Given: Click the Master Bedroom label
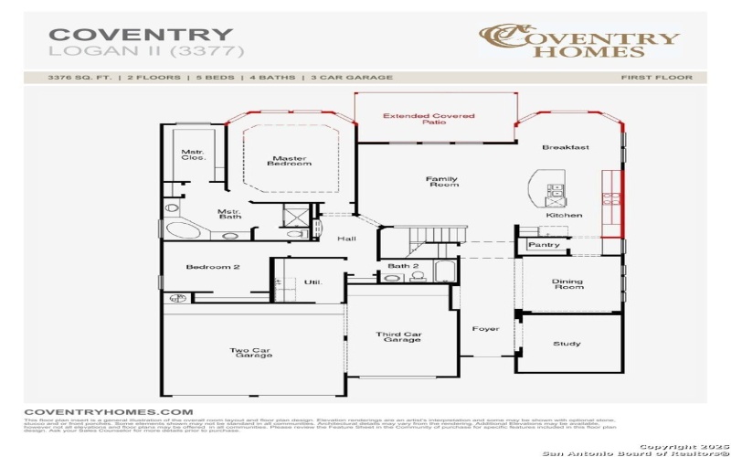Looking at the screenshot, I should click(289, 160).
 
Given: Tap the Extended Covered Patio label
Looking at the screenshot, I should click(416, 119).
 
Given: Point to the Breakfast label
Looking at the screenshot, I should click(566, 147).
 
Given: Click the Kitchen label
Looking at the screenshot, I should click(564, 215).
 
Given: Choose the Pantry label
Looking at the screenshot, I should click(545, 245).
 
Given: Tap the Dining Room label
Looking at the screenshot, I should click(567, 285).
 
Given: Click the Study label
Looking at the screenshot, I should click(567, 344).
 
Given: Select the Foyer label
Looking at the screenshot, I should click(485, 328).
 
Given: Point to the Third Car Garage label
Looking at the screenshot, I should click(399, 337).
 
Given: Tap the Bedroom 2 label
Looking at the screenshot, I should click(213, 267).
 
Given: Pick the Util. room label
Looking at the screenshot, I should click(313, 282).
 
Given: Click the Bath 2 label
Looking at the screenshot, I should click(402, 266).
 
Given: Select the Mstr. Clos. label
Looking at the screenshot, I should click(192, 154).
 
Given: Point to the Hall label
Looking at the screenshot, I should click(346, 239).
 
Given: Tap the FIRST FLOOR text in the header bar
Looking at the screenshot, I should click(656, 78).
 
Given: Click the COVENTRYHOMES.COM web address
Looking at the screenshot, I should click(108, 412).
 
